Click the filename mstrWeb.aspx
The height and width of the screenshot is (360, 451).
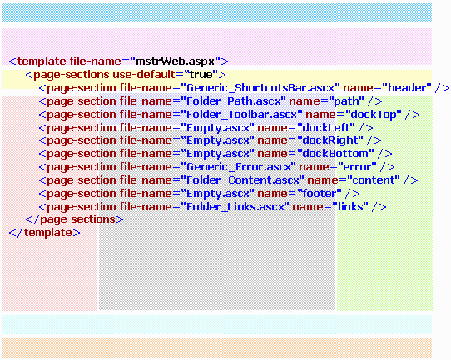click(x=176, y=62)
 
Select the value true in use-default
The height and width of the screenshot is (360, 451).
click(x=201, y=75)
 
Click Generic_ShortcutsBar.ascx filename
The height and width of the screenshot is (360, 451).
click(x=260, y=88)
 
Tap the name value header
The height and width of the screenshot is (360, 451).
click(x=409, y=87)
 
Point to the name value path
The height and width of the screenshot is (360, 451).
click(x=346, y=101)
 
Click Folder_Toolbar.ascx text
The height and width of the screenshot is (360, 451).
click(x=241, y=115)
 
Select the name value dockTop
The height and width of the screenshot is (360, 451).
click(x=374, y=115)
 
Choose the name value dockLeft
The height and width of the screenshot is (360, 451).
click(x=326, y=127)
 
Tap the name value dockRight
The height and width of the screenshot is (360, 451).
click(x=330, y=141)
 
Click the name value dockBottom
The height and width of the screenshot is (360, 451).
click(x=335, y=154)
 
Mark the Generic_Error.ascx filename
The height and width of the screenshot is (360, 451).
click(x=241, y=167)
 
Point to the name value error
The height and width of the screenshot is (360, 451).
click(x=358, y=167)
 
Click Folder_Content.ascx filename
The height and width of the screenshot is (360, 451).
click(x=243, y=180)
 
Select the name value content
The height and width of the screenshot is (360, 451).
click(x=374, y=180)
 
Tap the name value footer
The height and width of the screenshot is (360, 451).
click(x=320, y=194)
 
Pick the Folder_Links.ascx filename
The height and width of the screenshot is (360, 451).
click(x=235, y=207)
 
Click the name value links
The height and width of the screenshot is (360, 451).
click(x=350, y=207)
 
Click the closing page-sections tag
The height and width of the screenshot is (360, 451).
click(x=75, y=219)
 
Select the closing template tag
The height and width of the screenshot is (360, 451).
click(x=45, y=233)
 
